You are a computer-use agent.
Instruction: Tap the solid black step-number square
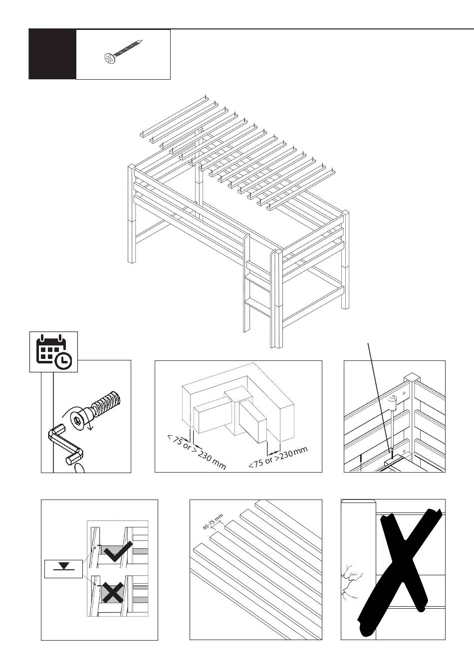(x=52, y=54)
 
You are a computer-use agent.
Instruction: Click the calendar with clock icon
(x=53, y=352)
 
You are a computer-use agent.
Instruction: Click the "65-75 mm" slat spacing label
(x=213, y=522)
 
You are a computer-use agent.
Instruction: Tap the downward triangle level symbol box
(x=63, y=566)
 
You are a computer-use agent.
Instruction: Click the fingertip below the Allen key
(x=79, y=468)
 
